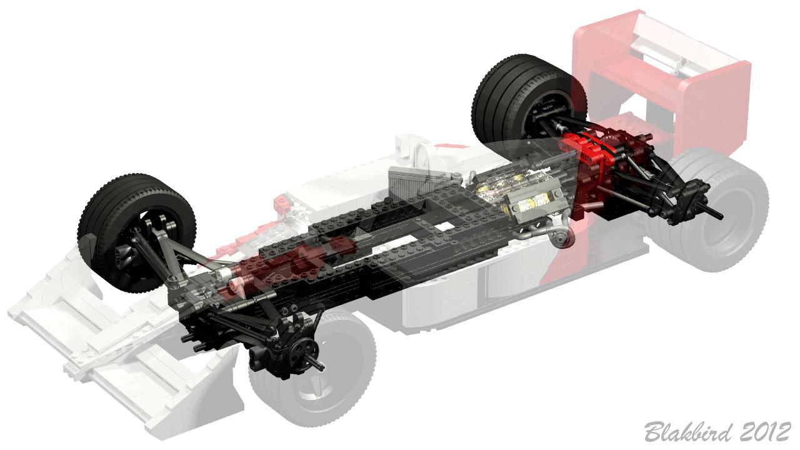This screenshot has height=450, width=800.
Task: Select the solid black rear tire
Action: pyautogui.click(x=529, y=98)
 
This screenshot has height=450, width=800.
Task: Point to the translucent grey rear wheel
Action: pyautogui.click(x=709, y=211)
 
